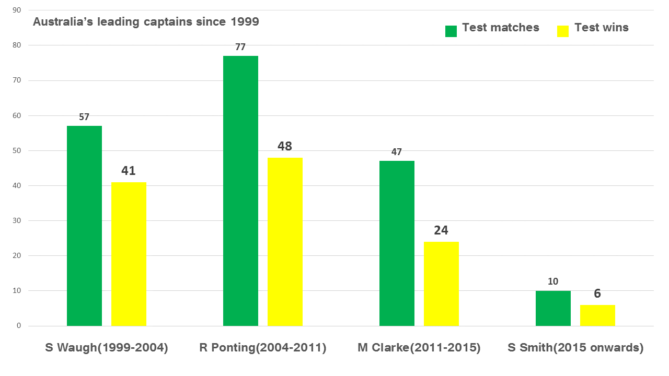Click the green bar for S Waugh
[84, 226]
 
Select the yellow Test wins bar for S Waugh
[129, 254]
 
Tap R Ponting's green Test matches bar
[240, 191]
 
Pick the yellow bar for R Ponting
[285, 242]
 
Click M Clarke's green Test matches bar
[397, 243]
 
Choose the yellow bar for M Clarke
[441, 284]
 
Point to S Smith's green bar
[553, 308]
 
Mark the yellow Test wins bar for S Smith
[597, 315]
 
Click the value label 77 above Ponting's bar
[240, 47]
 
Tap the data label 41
[129, 171]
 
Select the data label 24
[441, 230]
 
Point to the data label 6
[597, 293]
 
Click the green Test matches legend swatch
[451, 31]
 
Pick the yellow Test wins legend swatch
[562, 31]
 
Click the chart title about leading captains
[146, 22]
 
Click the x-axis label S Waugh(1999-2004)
[107, 348]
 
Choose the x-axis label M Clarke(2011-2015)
[419, 348]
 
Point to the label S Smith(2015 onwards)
[575, 348]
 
